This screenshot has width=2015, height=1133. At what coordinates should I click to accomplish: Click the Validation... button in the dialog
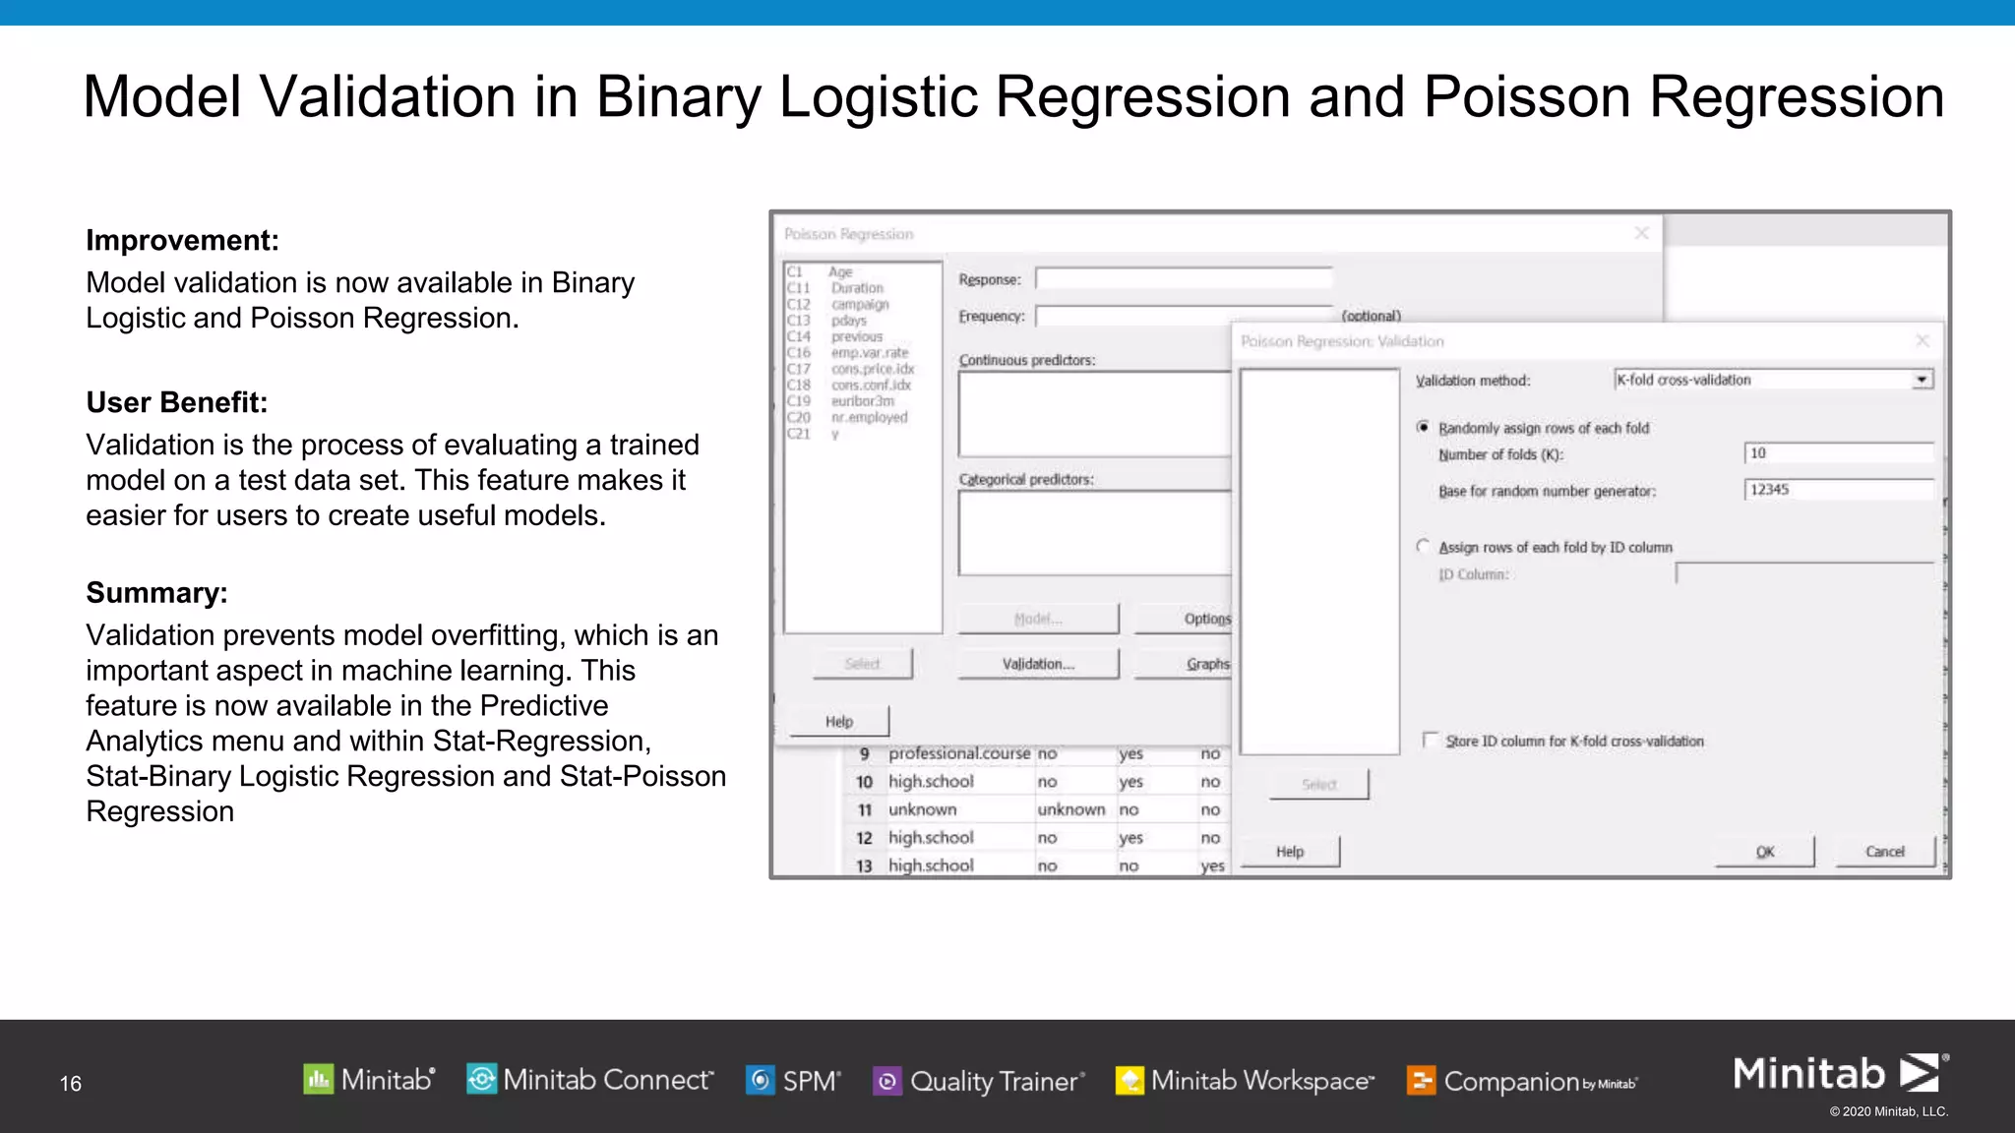pyautogui.click(x=1038, y=664)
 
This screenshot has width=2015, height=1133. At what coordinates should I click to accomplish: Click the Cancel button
pyautogui.click(x=1884, y=852)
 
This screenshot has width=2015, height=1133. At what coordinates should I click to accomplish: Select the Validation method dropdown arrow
pyautogui.click(x=1922, y=381)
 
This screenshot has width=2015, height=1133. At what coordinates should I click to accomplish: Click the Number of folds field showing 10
pyautogui.click(x=1837, y=453)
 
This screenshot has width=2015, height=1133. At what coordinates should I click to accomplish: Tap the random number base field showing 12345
pyautogui.click(x=1837, y=490)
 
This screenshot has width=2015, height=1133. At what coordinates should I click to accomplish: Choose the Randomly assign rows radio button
pyautogui.click(x=1423, y=427)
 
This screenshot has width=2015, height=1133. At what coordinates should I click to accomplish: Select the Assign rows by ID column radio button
pyautogui.click(x=1423, y=546)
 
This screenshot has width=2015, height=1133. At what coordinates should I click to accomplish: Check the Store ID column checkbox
pyautogui.click(x=1431, y=740)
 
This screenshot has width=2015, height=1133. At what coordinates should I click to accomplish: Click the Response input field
pyautogui.click(x=1184, y=279)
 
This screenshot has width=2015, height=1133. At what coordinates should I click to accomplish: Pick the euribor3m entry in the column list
pyautogui.click(x=862, y=401)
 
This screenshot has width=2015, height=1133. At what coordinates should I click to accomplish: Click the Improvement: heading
pyautogui.click(x=182, y=240)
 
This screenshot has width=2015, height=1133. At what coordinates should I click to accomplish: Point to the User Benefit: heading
pyautogui.click(x=176, y=402)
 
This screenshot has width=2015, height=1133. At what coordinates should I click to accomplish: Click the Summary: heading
pyautogui.click(x=156, y=593)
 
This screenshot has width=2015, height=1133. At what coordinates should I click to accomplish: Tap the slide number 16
pyautogui.click(x=71, y=1084)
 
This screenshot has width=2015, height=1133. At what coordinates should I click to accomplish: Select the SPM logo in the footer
pyautogui.click(x=793, y=1081)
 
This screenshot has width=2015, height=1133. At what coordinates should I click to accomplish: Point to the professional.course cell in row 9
pyautogui.click(x=958, y=753)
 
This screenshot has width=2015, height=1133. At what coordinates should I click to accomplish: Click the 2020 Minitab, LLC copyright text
pyautogui.click(x=1888, y=1112)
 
